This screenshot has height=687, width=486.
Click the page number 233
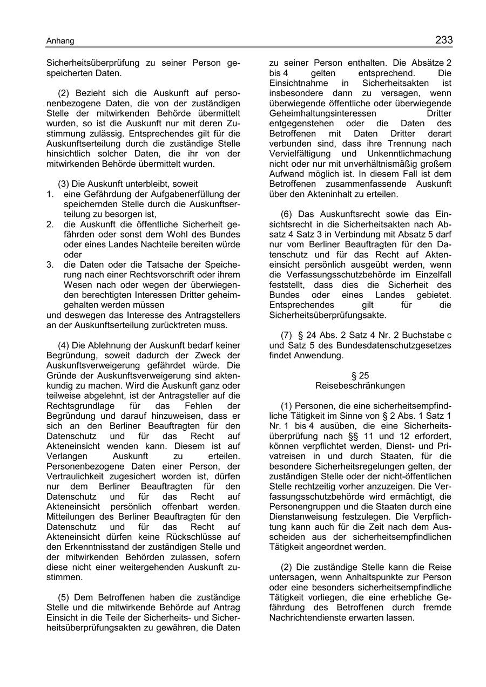click(443, 40)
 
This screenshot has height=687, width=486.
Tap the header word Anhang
click(60, 41)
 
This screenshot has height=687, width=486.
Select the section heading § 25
click(360, 376)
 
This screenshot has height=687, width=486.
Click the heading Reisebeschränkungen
click(360, 386)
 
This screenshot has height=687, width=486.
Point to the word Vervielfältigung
click(300, 154)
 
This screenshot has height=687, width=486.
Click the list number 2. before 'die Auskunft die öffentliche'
click(50, 224)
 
